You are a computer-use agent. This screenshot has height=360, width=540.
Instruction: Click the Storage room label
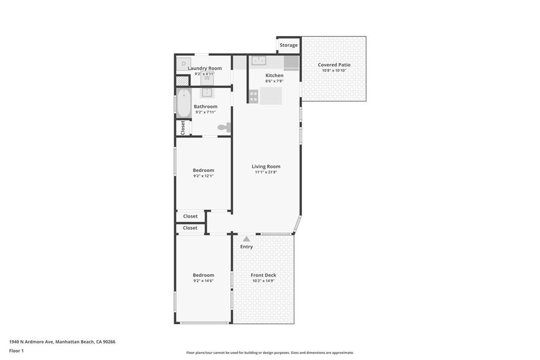point(288,45)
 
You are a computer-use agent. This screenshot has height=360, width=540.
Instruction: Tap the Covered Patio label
point(334,65)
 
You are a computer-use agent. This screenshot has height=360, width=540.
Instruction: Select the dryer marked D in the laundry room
point(184,64)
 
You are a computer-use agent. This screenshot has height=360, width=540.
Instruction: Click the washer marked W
point(207,78)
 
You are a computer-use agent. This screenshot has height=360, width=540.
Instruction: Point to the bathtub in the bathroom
point(184,103)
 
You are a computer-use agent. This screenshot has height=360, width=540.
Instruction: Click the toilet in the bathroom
point(225,127)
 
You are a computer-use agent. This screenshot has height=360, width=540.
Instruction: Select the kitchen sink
point(258,61)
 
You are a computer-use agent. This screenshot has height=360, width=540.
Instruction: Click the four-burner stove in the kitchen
point(254,96)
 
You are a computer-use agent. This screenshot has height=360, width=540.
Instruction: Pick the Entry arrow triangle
point(246,239)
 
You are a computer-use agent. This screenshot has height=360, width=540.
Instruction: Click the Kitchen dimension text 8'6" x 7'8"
point(274,81)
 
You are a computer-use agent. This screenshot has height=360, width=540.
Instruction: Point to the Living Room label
point(266,167)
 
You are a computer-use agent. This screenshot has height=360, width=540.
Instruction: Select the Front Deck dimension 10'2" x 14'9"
point(263,281)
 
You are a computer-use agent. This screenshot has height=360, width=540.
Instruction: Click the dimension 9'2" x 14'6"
point(204,281)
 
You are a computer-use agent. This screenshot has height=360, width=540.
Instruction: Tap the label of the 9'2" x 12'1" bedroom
point(204,170)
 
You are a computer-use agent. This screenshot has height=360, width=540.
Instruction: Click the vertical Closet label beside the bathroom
point(183,127)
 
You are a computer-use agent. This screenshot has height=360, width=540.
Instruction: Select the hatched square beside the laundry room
point(182,81)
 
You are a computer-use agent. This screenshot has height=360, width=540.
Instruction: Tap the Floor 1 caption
point(16,351)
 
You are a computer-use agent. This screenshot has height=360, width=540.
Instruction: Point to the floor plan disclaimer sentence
point(270,353)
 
